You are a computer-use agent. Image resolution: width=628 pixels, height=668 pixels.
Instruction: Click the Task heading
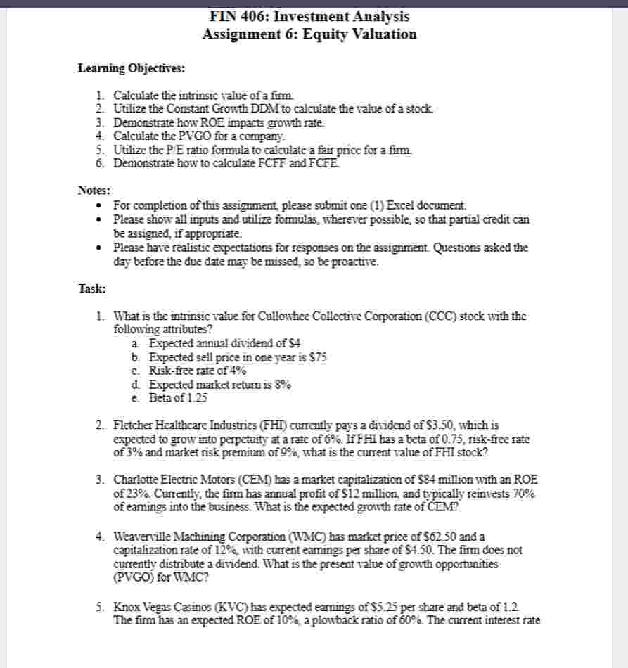click(91, 288)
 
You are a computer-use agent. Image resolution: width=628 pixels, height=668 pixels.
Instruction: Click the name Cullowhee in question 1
click(267, 316)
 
